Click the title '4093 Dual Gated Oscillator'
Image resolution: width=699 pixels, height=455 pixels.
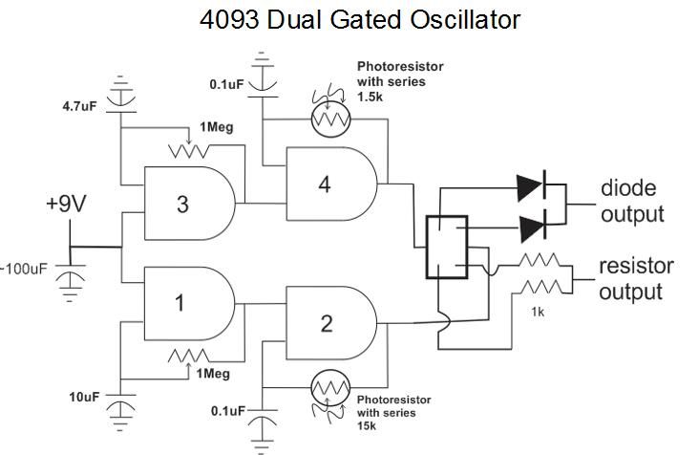click(360, 19)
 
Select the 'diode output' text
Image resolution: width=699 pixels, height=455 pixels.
click(631, 201)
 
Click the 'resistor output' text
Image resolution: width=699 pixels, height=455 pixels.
click(635, 277)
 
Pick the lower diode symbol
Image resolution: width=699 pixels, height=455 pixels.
click(532, 227)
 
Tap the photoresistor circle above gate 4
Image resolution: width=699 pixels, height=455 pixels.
click(330, 119)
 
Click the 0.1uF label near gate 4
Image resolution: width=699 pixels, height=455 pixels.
click(230, 85)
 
